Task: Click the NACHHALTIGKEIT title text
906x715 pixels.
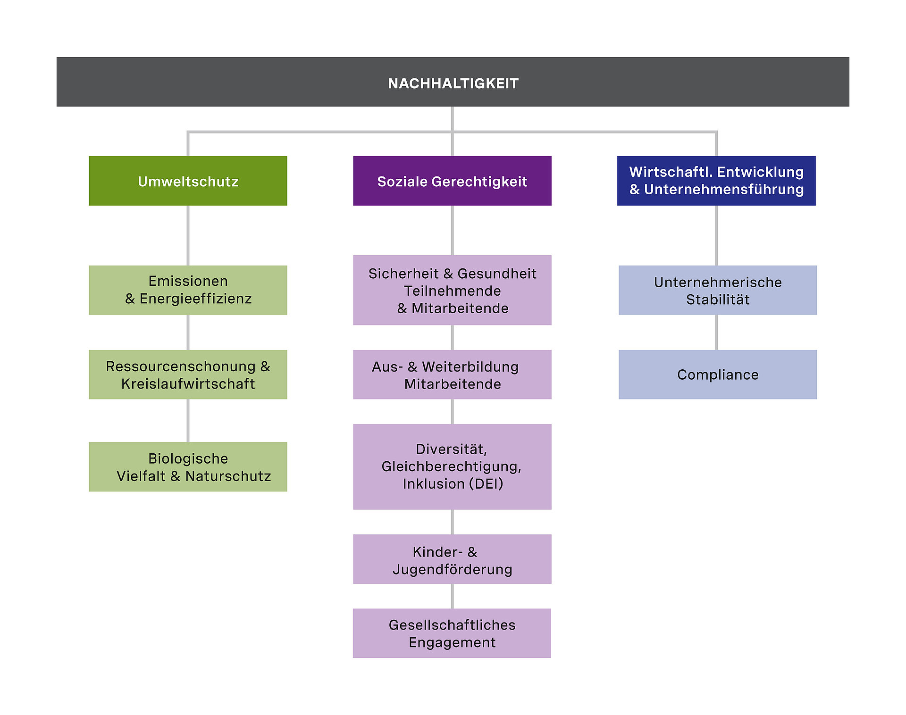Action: [453, 83]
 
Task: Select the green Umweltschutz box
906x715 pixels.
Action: [188, 181]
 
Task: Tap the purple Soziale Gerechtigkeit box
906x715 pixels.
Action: [452, 181]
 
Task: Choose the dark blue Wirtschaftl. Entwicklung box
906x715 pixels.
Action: [716, 181]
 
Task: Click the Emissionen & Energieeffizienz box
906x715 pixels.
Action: [188, 290]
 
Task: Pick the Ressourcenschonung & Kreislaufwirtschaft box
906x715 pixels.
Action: [188, 374]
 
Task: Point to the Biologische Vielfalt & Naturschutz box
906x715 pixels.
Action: [188, 467]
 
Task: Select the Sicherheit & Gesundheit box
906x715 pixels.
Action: [452, 290]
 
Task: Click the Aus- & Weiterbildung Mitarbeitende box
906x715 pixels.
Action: [452, 374]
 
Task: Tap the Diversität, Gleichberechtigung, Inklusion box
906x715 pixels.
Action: [452, 467]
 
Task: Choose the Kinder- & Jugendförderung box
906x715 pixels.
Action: [452, 559]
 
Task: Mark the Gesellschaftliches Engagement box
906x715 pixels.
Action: [452, 633]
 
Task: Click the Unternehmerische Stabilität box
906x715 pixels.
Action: [718, 290]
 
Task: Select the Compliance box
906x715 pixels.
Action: [718, 374]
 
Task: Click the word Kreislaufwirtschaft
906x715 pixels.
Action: [188, 384]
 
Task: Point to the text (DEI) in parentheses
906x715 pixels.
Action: [486, 484]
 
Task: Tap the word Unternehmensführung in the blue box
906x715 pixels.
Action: [724, 190]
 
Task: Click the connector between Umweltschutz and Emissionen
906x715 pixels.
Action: [188, 235]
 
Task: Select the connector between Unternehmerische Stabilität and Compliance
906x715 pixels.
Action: [716, 333]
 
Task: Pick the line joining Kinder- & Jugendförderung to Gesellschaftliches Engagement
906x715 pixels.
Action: [452, 596]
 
